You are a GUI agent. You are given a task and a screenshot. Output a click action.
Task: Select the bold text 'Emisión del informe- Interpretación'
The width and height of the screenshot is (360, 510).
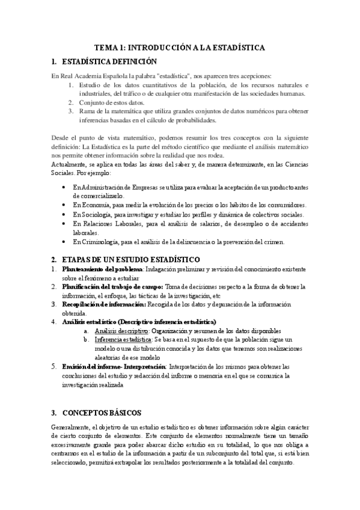point(113,366)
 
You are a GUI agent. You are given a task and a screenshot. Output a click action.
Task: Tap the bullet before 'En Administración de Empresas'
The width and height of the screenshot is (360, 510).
point(65,188)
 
